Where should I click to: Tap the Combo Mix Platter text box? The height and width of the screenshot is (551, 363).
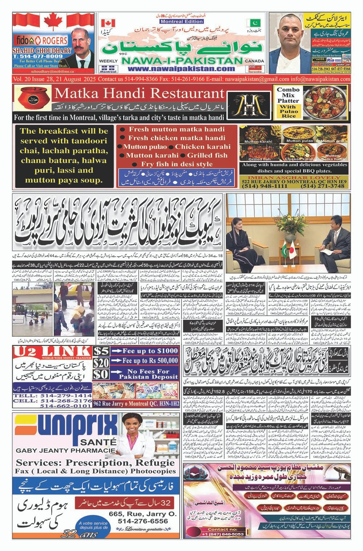click(288, 103)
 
